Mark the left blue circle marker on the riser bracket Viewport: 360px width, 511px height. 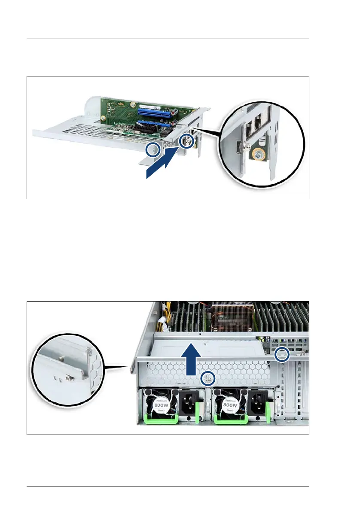[x=153, y=149]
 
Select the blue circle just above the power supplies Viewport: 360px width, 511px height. [x=208, y=378]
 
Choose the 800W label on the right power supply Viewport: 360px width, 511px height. [x=230, y=405]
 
